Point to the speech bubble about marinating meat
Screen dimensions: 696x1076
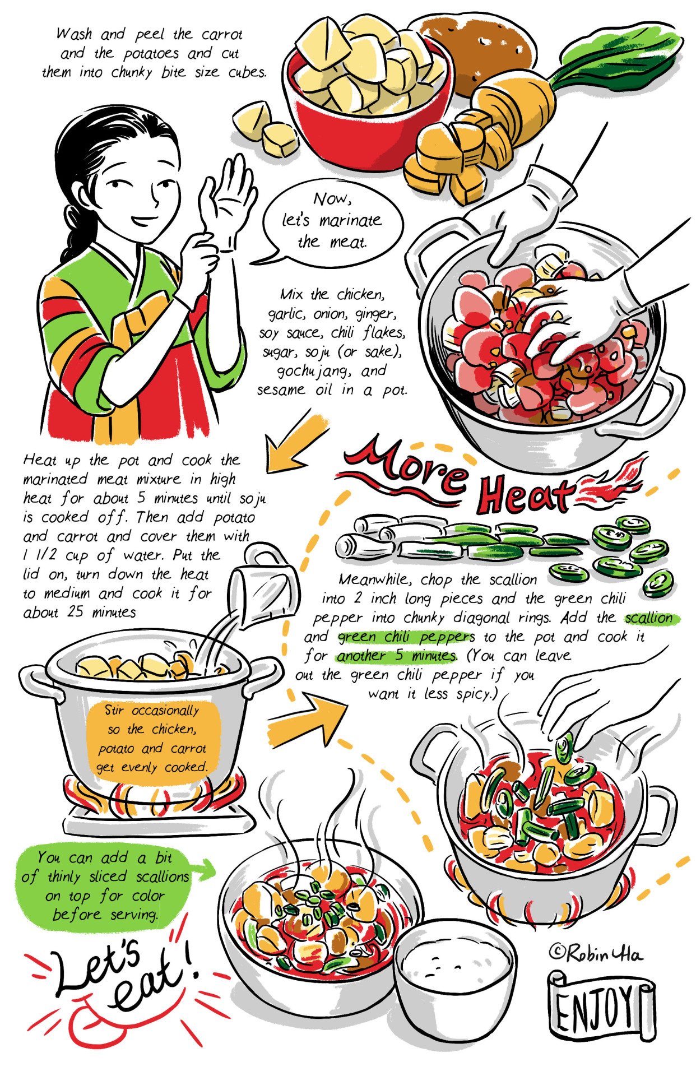(x=331, y=221)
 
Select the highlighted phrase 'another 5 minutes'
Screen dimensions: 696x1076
(x=397, y=656)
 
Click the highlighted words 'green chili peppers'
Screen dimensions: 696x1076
(x=406, y=637)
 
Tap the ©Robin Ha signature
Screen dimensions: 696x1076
(x=595, y=953)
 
